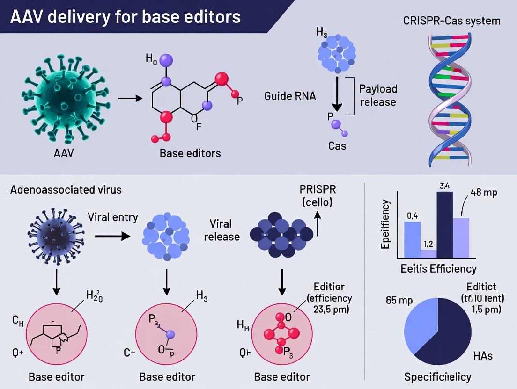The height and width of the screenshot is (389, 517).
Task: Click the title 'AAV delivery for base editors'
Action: coord(125,17)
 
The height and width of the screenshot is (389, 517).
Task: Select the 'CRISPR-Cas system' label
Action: coord(451,21)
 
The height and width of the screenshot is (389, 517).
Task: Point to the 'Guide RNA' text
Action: coord(290,96)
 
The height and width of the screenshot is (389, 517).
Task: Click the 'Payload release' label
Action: coord(378,95)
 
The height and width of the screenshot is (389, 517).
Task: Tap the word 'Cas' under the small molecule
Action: coord(337,146)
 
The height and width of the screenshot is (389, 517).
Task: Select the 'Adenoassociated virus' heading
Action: coord(66,190)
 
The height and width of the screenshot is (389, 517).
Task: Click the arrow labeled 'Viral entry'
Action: coord(112,237)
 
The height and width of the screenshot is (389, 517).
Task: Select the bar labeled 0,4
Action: coord(412,239)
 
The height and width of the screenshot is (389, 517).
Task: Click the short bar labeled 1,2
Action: coord(428,253)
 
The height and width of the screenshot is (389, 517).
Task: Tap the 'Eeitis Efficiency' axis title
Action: coord(438,268)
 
